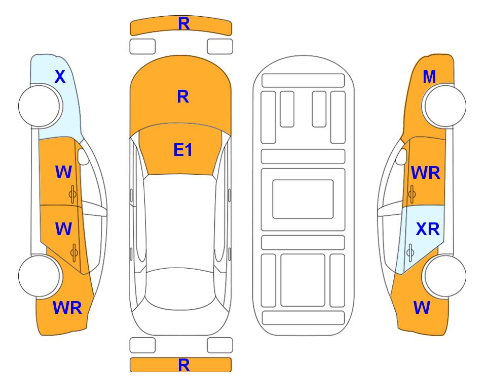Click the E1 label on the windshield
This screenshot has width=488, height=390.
point(183,150)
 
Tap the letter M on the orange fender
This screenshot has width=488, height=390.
point(429,77)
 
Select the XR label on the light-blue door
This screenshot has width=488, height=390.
point(428,229)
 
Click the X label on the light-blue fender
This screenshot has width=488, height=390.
point(60,77)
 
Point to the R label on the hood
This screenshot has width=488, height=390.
point(183,96)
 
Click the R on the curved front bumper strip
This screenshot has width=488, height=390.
point(184,24)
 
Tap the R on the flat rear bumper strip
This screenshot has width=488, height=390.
point(184,365)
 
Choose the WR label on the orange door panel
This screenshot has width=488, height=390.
point(426,173)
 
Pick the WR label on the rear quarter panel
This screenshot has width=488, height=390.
point(67,308)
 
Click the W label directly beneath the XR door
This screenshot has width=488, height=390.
point(422,308)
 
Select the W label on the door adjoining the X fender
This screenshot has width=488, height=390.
point(63,172)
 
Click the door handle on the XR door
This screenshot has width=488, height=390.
point(410,253)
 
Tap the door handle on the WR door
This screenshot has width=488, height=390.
point(412,194)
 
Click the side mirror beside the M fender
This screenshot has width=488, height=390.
point(401,156)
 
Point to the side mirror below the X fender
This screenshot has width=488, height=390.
point(84,156)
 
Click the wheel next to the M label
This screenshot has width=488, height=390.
point(444,106)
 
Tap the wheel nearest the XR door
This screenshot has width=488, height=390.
point(444,276)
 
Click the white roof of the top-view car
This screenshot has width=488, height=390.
point(180,221)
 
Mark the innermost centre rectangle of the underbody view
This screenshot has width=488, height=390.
point(303,199)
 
